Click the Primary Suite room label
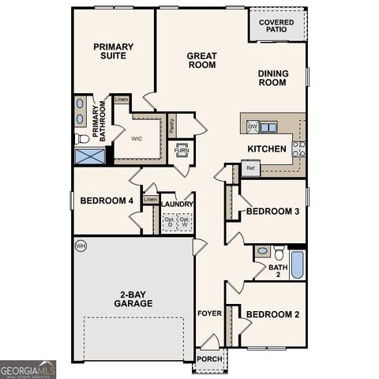pos(114,51)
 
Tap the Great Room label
pos(201,61)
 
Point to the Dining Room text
pos(272,77)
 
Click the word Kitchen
pos(267,148)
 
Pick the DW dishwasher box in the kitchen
pos(253,126)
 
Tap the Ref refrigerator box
pos(250,167)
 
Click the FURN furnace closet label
pos(182,149)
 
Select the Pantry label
pos(171,124)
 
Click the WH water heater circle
pos(80,246)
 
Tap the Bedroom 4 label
pos(107,201)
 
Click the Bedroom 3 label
pos(272,211)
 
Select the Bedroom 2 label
pos(272,314)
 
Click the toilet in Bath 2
pos(279,253)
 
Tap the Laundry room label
pos(178,204)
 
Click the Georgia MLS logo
pos(28,368)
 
